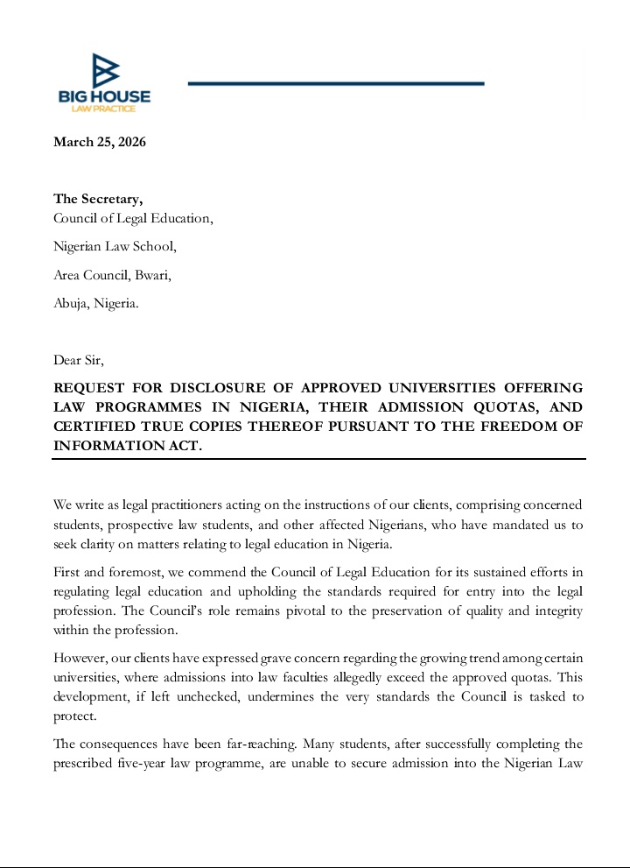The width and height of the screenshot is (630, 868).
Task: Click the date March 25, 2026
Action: [x=100, y=142]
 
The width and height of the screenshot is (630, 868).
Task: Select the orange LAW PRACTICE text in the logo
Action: [x=104, y=108]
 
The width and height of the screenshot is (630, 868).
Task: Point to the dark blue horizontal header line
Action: [x=336, y=83]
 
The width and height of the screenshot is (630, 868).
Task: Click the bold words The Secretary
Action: [x=98, y=199]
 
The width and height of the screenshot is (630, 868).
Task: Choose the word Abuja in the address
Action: [x=72, y=303]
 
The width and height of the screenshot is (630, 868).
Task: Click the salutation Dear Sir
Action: [x=78, y=359]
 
